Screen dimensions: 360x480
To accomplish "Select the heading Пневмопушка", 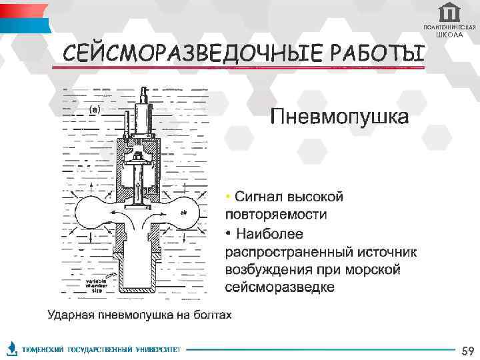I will click(x=339, y=118).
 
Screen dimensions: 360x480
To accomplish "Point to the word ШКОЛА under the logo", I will click(x=450, y=35).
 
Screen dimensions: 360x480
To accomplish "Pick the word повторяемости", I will click(x=276, y=215).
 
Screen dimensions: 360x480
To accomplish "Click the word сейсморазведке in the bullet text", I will click(x=280, y=287).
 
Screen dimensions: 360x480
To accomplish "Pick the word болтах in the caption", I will click(x=214, y=315).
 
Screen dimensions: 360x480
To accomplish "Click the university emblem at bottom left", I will click(x=12, y=349).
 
